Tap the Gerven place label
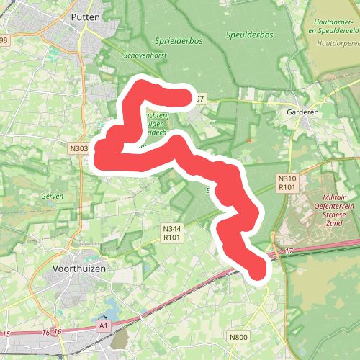click(x=53, y=196)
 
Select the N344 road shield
click(x=171, y=228)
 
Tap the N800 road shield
click(x=238, y=337)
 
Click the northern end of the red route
click(x=189, y=97)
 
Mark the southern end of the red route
click(x=258, y=270)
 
